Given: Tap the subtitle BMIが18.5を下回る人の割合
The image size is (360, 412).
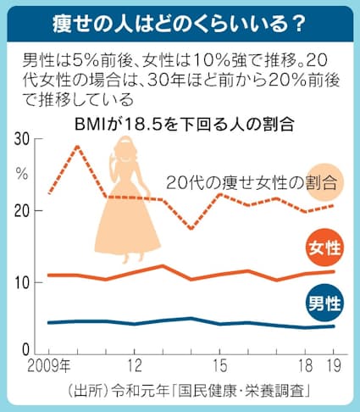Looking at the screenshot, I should [x=184, y=123].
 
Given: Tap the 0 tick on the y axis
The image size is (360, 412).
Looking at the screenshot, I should [x=25, y=349].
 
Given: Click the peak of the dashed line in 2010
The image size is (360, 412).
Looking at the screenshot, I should [x=78, y=147].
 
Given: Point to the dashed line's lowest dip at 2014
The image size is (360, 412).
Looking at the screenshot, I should [x=191, y=229].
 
